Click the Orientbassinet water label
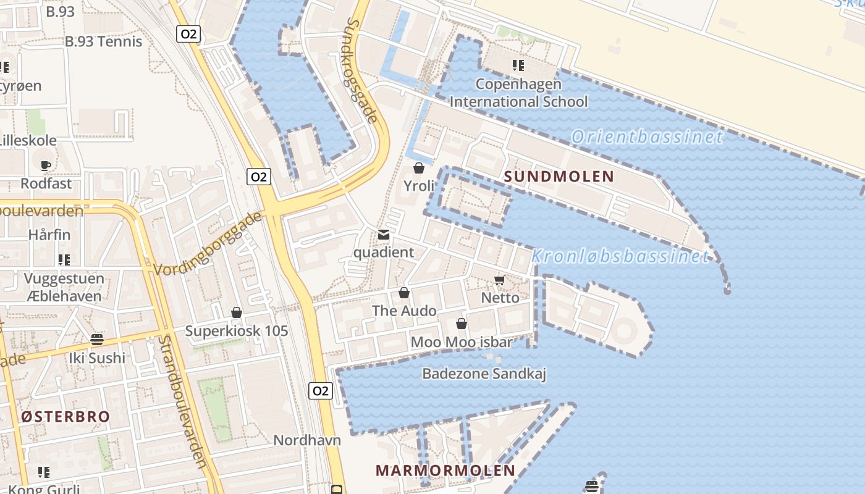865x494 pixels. [x=646, y=136]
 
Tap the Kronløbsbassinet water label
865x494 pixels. [x=620, y=256]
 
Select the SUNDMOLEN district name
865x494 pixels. [x=559, y=177]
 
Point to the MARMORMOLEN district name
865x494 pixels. [x=445, y=470]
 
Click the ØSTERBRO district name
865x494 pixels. [x=65, y=416]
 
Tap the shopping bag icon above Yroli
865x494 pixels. [x=419, y=168]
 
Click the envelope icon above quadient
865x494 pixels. [x=384, y=235]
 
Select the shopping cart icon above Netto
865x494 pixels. [x=500, y=281]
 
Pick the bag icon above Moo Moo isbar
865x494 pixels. [x=461, y=324]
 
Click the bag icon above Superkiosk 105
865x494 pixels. [x=236, y=313]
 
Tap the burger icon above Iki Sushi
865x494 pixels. [x=96, y=340]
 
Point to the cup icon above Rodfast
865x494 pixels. [x=45, y=165]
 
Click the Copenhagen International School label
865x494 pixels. [x=518, y=93]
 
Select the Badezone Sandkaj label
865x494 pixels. [x=484, y=374]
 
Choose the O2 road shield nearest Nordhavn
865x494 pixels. [x=320, y=391]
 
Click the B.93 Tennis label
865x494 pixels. [x=103, y=41]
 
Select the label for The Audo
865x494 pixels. [x=404, y=311]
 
